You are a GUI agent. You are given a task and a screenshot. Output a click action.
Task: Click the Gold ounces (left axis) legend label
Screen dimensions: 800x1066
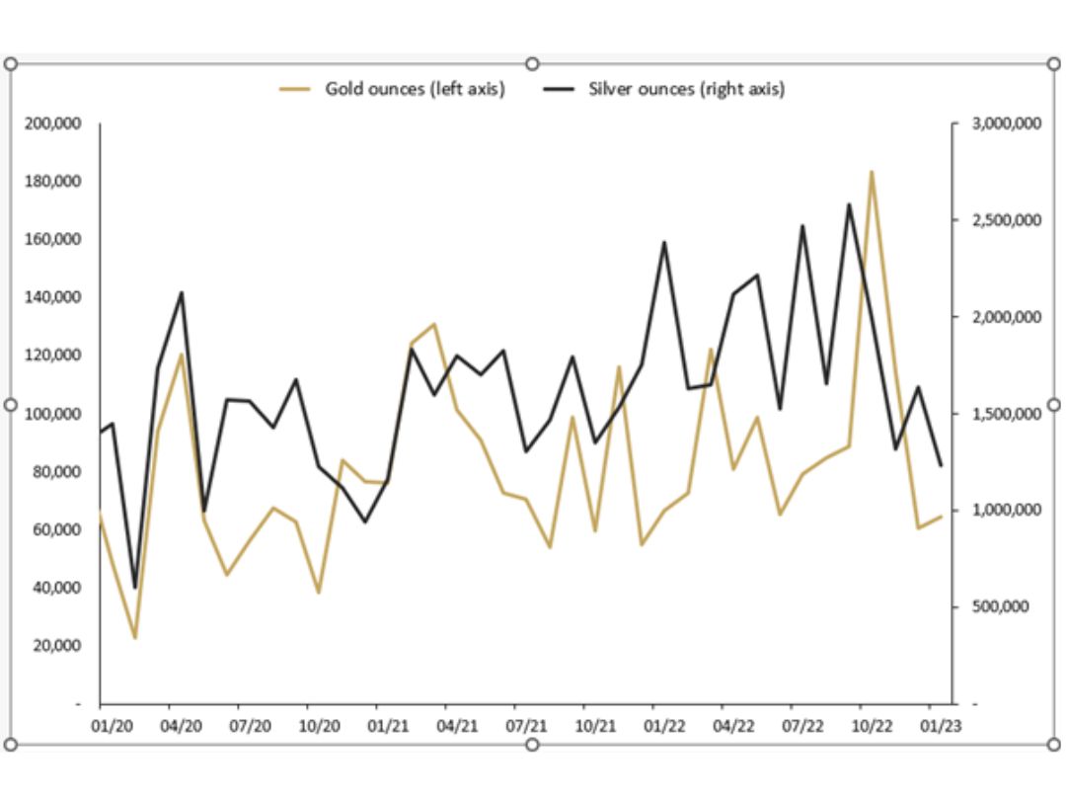click(x=415, y=89)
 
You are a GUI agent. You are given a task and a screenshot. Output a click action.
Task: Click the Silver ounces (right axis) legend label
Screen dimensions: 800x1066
click(x=687, y=89)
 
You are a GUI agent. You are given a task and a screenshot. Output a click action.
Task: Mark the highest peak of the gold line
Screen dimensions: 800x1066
click(x=871, y=172)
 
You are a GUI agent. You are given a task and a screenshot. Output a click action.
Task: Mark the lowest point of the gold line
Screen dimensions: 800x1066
click(x=135, y=638)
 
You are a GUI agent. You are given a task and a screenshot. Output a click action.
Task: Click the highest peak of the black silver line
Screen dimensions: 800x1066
click(x=848, y=204)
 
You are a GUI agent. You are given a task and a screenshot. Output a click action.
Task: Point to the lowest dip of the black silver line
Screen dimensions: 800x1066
click(x=135, y=588)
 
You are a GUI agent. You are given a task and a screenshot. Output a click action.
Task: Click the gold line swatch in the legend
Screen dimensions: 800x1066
click(x=296, y=89)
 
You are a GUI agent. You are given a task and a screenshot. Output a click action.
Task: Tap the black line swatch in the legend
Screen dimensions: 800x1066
click(x=560, y=89)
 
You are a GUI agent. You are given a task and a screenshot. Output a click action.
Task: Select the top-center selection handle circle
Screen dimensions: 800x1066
click(x=532, y=63)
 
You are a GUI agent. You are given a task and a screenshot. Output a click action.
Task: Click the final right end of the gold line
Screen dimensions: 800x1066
click(x=942, y=516)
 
